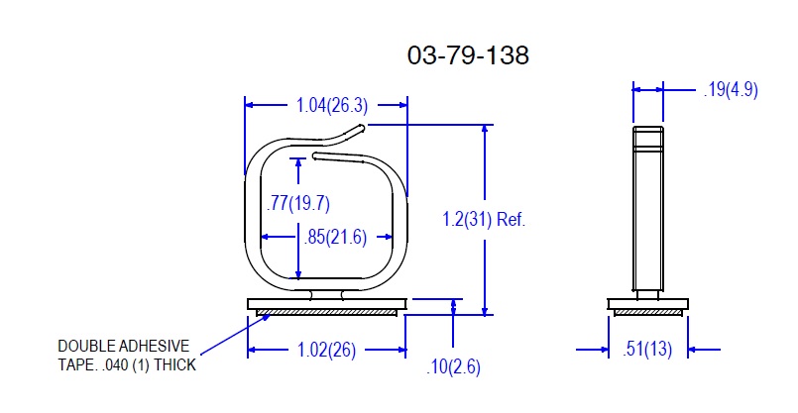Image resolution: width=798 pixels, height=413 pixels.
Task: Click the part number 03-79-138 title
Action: (468, 54)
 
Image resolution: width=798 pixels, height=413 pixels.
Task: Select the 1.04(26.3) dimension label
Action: (332, 105)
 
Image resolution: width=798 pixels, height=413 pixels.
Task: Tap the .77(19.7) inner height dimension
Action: (298, 203)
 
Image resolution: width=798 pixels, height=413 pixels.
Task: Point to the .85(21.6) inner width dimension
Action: (335, 237)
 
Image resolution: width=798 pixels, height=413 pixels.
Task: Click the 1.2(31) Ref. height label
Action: (484, 219)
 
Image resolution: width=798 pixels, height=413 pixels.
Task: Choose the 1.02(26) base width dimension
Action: (326, 350)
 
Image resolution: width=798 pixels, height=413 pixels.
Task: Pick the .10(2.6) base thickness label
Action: (453, 366)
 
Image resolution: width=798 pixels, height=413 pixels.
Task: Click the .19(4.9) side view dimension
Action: (731, 90)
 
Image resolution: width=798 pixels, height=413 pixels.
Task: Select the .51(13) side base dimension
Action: (647, 350)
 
